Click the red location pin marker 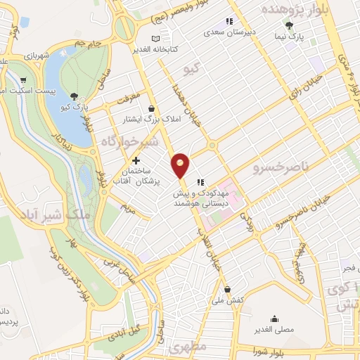click(x=181, y=165)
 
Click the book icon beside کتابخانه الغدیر click(x=155, y=38)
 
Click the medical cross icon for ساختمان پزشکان click(x=136, y=161)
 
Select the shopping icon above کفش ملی click(x=227, y=289)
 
